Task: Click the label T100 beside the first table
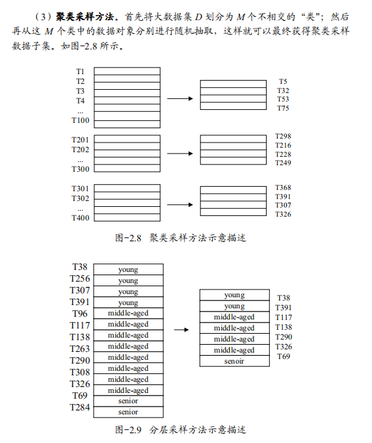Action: point(80,120)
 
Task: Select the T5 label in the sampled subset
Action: point(283,81)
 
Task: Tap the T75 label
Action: point(283,109)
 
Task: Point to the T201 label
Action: point(80,140)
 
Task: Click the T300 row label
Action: point(80,169)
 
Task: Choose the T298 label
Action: point(283,137)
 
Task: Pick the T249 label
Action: point(283,163)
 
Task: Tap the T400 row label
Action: point(80,218)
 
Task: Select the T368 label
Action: point(283,188)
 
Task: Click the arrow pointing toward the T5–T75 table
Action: point(181,98)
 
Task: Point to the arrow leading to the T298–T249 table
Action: point(181,154)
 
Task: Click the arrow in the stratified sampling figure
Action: point(181,329)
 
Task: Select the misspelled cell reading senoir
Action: point(234,361)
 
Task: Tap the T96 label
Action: point(80,313)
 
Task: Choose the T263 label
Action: point(80,348)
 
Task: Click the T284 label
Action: point(80,407)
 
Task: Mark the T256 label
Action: point(80,278)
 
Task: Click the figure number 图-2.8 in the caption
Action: point(128,238)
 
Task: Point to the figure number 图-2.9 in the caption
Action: point(128,429)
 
